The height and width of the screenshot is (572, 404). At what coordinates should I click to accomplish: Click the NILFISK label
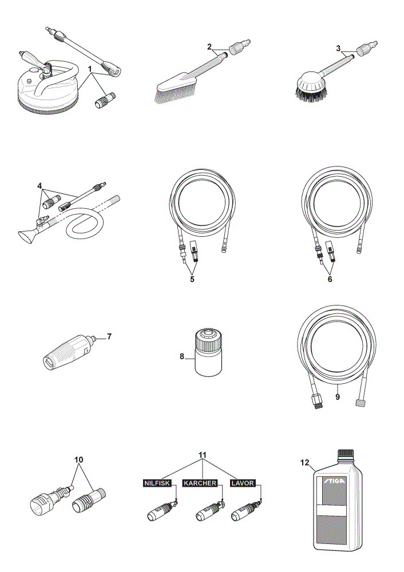pyautogui.click(x=157, y=483)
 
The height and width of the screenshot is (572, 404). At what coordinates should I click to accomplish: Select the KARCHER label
pyautogui.click(x=200, y=483)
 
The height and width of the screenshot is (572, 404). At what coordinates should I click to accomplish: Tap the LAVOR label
pyautogui.click(x=243, y=483)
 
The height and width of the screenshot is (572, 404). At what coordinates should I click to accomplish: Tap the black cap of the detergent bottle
pyautogui.click(x=345, y=454)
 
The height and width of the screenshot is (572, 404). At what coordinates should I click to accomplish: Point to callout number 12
pyautogui.click(x=305, y=463)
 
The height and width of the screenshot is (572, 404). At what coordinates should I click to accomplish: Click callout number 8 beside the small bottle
pyautogui.click(x=182, y=356)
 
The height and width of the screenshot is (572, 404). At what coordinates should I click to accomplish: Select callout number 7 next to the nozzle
pyautogui.click(x=109, y=336)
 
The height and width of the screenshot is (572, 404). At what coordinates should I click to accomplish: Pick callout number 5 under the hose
pyautogui.click(x=192, y=279)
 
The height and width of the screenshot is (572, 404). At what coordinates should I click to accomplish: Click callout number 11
pyautogui.click(x=202, y=455)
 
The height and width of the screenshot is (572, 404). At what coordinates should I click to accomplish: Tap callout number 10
pyautogui.click(x=79, y=460)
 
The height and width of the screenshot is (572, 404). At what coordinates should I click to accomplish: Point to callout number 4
pyautogui.click(x=40, y=186)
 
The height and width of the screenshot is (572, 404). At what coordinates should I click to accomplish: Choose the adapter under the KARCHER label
pyautogui.click(x=209, y=511)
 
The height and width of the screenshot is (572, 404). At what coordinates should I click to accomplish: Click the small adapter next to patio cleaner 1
pyautogui.click(x=105, y=100)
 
